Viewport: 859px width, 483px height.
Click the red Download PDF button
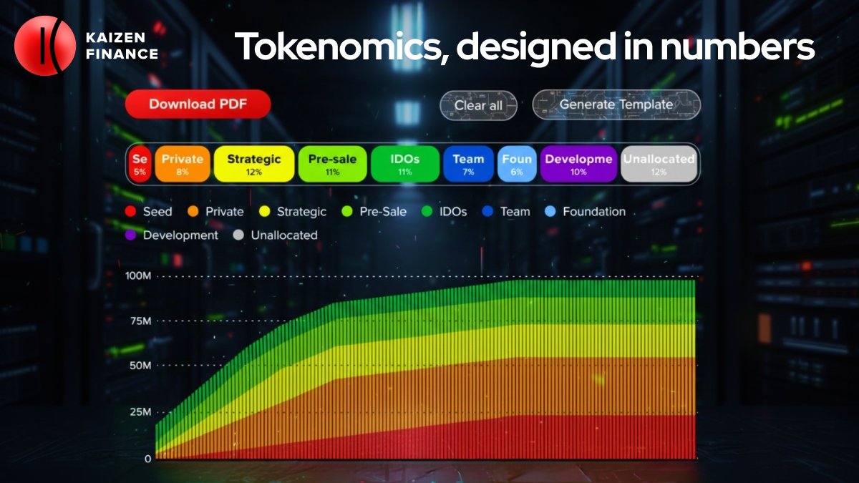click(x=198, y=104)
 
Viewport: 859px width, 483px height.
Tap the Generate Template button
click(x=616, y=104)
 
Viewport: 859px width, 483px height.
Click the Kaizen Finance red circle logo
click(x=44, y=46)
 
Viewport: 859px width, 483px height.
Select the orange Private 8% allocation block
click(x=183, y=164)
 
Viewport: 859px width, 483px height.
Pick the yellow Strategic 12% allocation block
click(x=254, y=164)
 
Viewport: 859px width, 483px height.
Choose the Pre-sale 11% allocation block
click(x=332, y=164)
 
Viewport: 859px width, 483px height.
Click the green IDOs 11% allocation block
click(x=404, y=164)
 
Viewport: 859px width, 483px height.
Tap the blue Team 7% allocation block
click(x=468, y=164)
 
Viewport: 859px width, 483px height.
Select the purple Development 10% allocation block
click(x=578, y=164)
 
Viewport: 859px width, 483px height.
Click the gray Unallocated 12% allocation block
click(x=659, y=164)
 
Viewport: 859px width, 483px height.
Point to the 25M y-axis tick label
click(x=140, y=412)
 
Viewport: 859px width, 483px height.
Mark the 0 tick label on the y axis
click(x=147, y=458)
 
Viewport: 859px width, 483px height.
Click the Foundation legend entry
click(x=586, y=212)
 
